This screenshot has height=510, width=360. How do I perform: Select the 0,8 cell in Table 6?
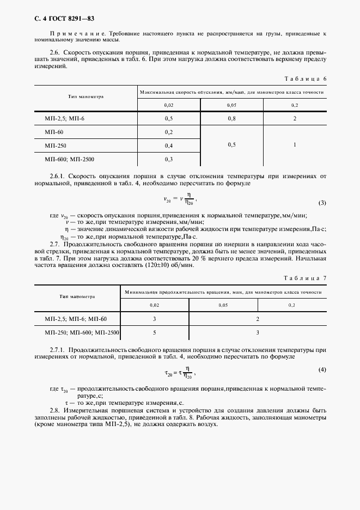(x=231, y=118)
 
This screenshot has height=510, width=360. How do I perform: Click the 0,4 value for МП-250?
(x=168, y=145)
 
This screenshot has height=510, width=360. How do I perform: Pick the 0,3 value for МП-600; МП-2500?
(x=168, y=159)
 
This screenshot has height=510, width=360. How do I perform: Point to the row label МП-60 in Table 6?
(x=54, y=132)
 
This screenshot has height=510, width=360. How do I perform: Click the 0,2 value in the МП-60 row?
(x=168, y=132)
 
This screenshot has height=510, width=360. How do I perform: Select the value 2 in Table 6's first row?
(x=295, y=118)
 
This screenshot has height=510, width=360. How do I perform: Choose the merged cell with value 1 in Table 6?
(x=295, y=145)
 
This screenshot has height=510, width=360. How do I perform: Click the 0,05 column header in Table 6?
(x=231, y=104)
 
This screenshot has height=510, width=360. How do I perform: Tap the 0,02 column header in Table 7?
(x=155, y=306)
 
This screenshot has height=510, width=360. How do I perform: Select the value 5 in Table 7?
(x=155, y=331)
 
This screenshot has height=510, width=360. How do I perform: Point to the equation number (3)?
(x=322, y=203)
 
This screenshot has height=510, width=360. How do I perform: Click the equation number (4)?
(x=322, y=370)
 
